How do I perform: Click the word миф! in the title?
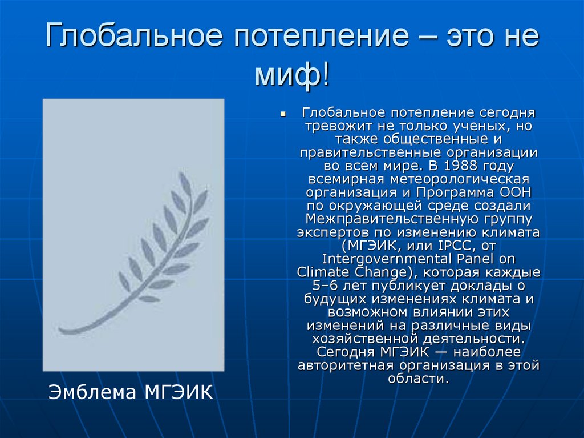(x=291, y=76)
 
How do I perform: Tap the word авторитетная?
(x=345, y=365)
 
